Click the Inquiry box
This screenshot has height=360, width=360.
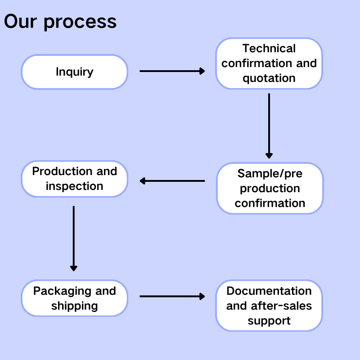point(75,72)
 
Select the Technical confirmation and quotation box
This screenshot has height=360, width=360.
point(269,63)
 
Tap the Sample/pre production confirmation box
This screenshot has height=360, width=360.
point(270,188)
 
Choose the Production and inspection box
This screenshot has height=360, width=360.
point(75,179)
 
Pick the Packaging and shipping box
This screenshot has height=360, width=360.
point(75,298)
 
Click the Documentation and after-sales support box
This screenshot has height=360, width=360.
point(269,306)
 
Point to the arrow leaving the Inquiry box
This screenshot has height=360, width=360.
point(172,71)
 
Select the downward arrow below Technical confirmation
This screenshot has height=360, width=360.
point(269,126)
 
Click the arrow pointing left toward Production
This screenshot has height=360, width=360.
point(172,181)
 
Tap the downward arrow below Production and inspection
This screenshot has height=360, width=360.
point(74,238)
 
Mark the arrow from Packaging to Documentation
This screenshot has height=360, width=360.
point(172,296)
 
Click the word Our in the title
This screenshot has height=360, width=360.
point(20,22)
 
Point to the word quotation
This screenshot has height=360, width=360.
point(269,78)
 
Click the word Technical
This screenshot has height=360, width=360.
point(269,49)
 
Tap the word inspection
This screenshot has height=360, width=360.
point(75,186)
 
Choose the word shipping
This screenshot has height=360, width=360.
point(75,306)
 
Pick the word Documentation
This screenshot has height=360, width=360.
point(269,291)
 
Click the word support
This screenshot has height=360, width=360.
point(269,321)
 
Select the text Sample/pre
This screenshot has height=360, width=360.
point(270,173)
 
